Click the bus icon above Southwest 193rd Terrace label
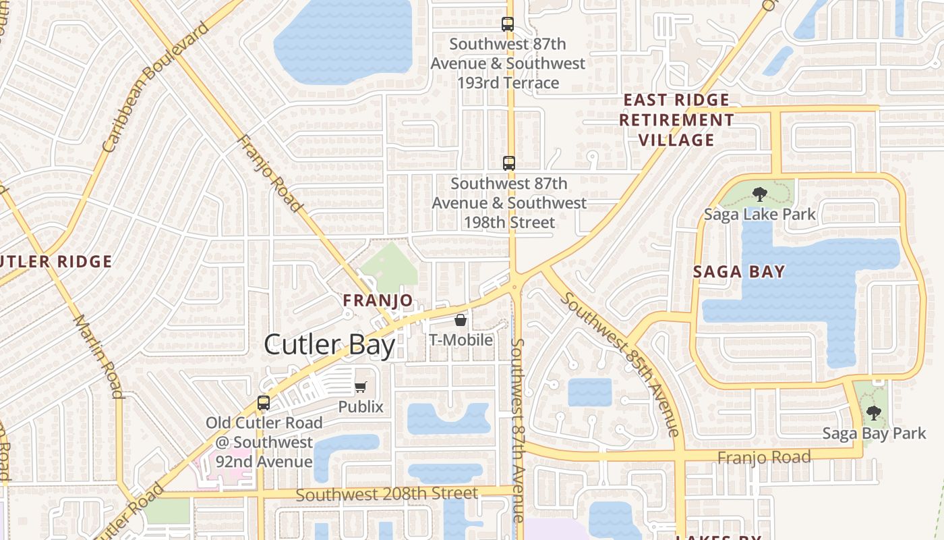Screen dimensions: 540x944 [508, 24]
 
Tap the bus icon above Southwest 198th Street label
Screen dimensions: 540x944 [509, 163]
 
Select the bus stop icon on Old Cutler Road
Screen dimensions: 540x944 [264, 403]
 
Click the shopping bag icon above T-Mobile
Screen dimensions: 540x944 [461, 319]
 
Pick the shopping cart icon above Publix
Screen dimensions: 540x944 [361, 387]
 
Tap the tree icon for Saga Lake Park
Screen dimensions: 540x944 [759, 194]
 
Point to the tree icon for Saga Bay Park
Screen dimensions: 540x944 [873, 412]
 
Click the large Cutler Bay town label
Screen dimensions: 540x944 [329, 344]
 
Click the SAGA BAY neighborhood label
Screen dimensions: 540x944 [740, 272]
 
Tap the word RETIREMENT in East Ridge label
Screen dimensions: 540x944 [676, 120]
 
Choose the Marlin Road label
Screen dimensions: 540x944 [98, 356]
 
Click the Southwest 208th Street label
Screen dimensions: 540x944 [386, 494]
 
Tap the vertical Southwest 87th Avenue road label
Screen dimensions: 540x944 [518, 430]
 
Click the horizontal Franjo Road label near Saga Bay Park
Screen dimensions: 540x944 [764, 458]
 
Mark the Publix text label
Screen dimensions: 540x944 [361, 407]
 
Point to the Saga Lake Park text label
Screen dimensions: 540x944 [759, 215]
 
